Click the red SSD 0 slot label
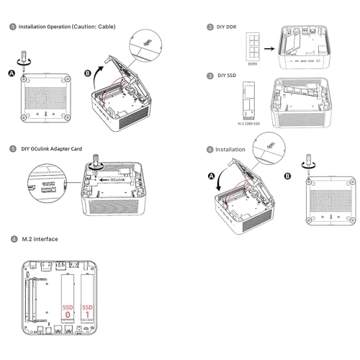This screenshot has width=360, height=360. pyautogui.click(x=68, y=311)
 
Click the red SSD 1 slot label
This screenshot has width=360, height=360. pyautogui.click(x=87, y=311)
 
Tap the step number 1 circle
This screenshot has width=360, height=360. pyautogui.click(x=13, y=27)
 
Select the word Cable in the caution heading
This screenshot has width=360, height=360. pyautogui.click(x=106, y=27)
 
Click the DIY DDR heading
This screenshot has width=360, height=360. pyautogui.click(x=226, y=27)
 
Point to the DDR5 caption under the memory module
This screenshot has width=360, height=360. pyautogui.click(x=252, y=64)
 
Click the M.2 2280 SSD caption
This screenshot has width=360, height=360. pyautogui.click(x=249, y=124)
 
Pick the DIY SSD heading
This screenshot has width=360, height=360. pyautogui.click(x=227, y=76)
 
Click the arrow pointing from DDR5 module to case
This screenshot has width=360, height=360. pyautogui.click(x=269, y=49)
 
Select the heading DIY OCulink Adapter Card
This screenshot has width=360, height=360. pyautogui.click(x=52, y=149)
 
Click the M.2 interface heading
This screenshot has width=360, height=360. pyautogui.click(x=40, y=239)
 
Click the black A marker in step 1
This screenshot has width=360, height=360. pyautogui.click(x=12, y=73)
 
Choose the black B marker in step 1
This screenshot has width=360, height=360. pyautogui.click(x=88, y=73)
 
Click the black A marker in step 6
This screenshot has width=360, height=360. pyautogui.click(x=211, y=176)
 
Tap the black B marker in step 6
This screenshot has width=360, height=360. pyautogui.click(x=287, y=176)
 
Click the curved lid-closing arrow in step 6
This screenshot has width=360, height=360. pyautogui.click(x=220, y=178)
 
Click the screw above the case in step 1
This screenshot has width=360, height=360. pyautogui.click(x=24, y=60)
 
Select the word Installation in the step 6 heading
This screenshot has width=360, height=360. pyautogui.click(x=230, y=150)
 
